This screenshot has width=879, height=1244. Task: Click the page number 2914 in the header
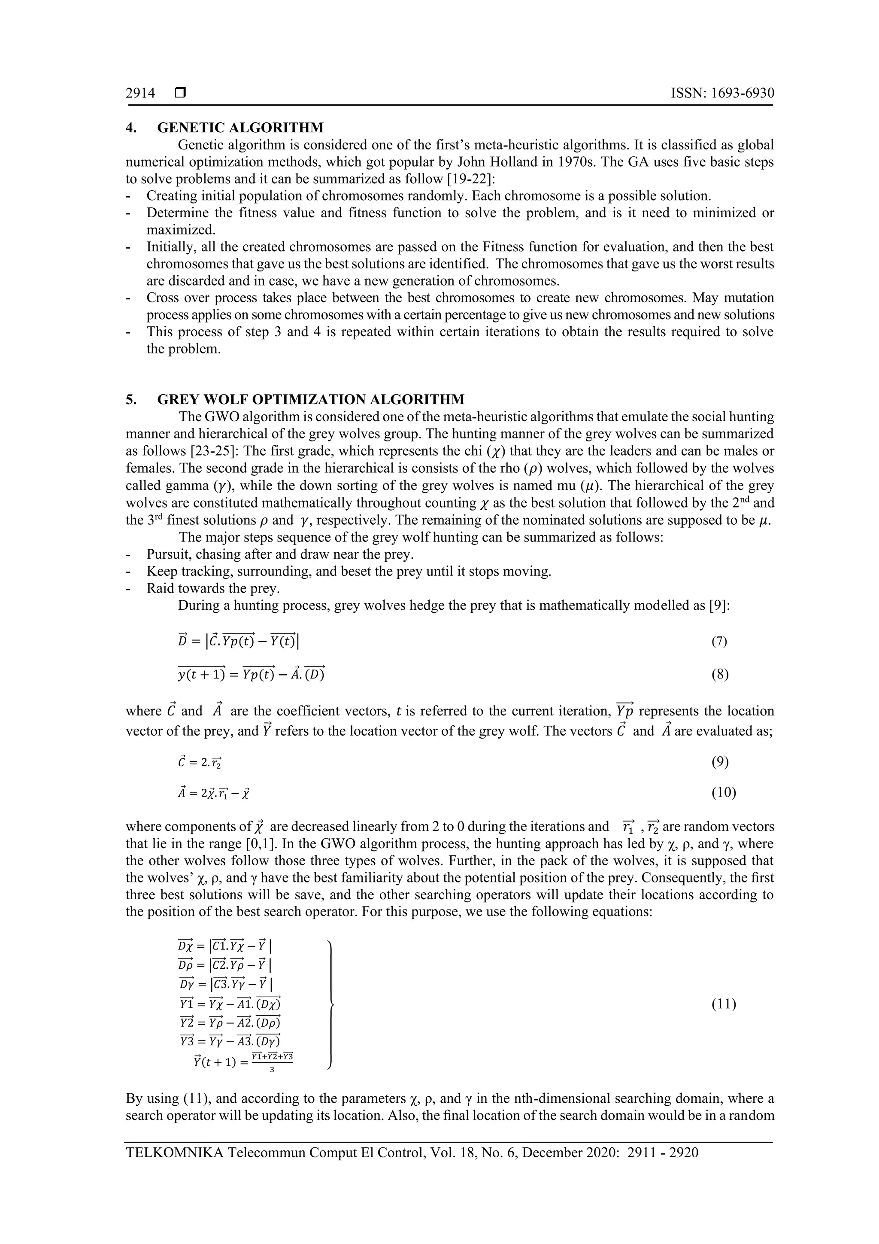click(140, 94)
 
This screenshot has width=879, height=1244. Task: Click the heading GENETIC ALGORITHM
click(240, 128)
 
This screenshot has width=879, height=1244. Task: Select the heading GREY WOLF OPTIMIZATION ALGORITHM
click(310, 400)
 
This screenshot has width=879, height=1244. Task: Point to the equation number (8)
click(719, 675)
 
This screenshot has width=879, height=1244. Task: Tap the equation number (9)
click(719, 762)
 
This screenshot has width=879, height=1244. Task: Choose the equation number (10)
click(723, 793)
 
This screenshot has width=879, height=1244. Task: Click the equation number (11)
click(723, 1004)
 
